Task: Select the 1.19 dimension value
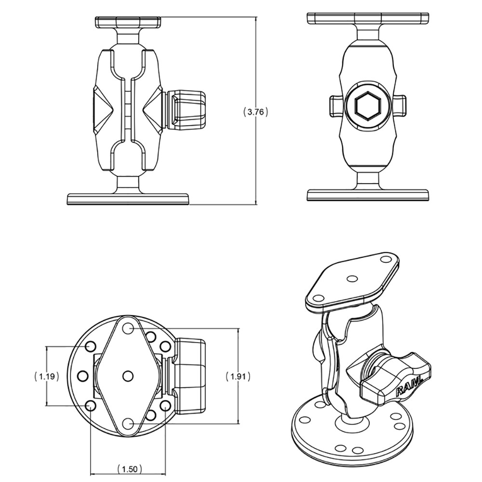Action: (47, 376)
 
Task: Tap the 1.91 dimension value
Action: (239, 376)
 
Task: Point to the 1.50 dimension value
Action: (128, 469)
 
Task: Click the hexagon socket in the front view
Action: (368, 105)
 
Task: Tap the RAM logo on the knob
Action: (409, 386)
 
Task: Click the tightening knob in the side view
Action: (187, 110)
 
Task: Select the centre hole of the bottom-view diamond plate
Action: (128, 375)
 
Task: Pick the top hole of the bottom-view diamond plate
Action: (128, 328)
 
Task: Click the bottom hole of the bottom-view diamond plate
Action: (128, 423)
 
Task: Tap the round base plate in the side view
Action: (128, 199)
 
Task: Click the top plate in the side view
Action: (128, 22)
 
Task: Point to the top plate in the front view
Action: (368, 18)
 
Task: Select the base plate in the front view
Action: (368, 195)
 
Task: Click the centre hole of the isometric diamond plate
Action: (352, 279)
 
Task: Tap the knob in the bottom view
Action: (190, 376)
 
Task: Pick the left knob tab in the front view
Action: (336, 106)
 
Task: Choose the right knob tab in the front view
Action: (400, 106)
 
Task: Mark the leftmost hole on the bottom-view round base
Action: (82, 375)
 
